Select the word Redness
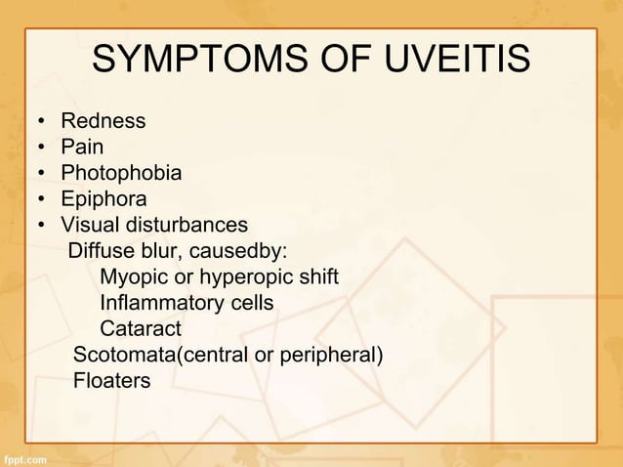point(103,122)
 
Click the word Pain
point(81,148)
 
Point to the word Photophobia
point(121,174)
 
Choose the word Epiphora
point(104,199)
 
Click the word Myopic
point(132,276)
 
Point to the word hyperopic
point(246,276)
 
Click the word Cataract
point(141,328)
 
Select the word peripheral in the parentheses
point(329,354)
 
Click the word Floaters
point(111,380)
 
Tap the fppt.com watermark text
point(23,456)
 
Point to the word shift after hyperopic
point(318,276)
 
